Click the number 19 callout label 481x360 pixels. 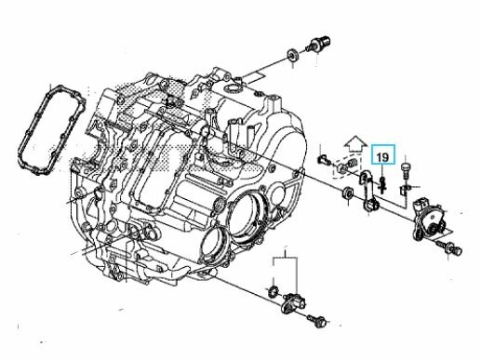tap(383, 157)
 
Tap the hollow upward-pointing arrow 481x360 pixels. tap(355, 144)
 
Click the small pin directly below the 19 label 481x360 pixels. tap(383, 184)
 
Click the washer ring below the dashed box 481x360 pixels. tap(347, 193)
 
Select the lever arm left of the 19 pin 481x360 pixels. tap(369, 192)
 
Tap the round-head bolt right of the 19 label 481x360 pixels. tap(406, 170)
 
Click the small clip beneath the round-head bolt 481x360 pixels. tap(405, 190)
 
